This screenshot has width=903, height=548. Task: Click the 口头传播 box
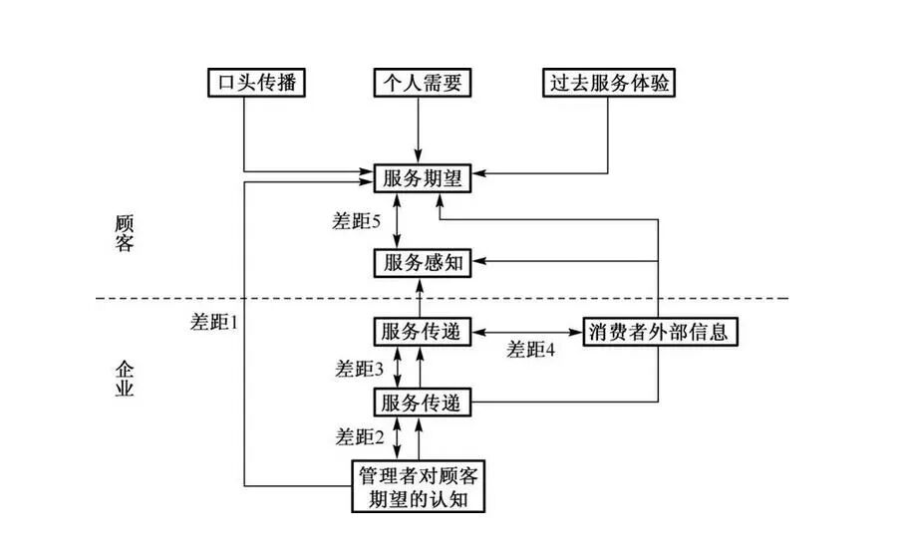pyautogui.click(x=254, y=82)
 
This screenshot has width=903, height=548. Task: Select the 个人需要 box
pyautogui.click(x=420, y=82)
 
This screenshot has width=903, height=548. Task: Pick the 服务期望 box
pyautogui.click(x=420, y=179)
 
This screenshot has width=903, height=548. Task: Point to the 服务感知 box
pyautogui.click(x=420, y=262)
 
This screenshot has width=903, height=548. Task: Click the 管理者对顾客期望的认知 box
pyautogui.click(x=420, y=485)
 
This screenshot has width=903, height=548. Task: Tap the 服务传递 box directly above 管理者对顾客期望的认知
pyautogui.click(x=420, y=403)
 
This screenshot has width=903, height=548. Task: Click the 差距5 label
pyautogui.click(x=357, y=222)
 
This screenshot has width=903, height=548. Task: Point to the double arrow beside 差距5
pyautogui.click(x=399, y=221)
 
